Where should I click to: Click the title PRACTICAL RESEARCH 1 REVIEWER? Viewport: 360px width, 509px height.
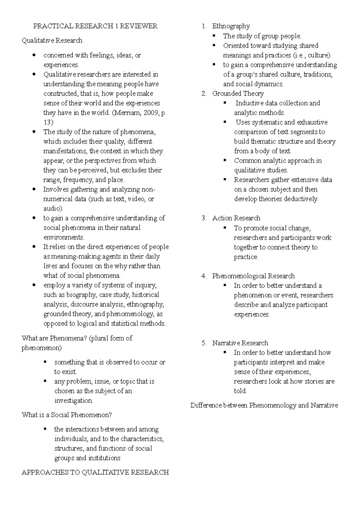pos(95,26)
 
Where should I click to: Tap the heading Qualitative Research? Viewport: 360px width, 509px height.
pos(52,41)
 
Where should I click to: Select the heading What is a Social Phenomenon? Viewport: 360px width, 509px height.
pos(67,415)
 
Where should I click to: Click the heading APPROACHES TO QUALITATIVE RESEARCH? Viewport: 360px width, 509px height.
pos(95,472)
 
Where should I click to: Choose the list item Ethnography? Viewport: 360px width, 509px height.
pos(231,26)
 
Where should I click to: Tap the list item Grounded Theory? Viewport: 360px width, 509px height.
pos(238,94)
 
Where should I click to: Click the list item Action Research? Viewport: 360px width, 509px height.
pos(236,218)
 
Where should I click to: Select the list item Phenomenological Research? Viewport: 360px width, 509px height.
pos(253,276)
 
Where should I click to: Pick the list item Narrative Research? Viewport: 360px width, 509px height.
pos(240,343)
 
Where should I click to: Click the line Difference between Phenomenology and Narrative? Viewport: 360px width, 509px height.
pos(264,405)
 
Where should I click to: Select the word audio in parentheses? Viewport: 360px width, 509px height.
pos(52,209)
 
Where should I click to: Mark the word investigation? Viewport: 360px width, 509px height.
pos(73,401)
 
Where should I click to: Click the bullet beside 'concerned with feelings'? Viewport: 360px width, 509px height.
pos(35,55)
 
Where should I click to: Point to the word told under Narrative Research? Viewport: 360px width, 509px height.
pos(240,391)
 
